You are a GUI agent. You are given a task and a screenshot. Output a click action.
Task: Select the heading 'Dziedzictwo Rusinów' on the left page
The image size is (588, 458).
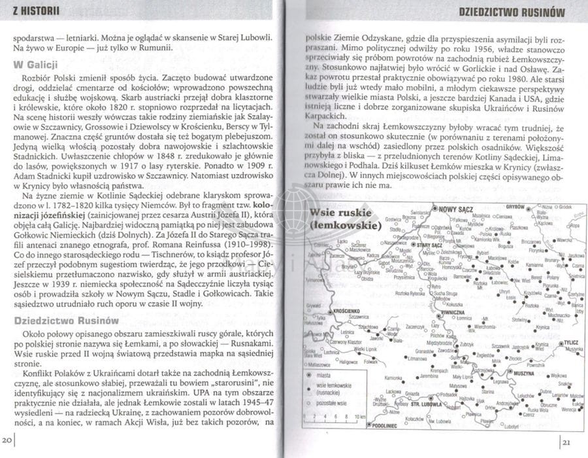[66, 321]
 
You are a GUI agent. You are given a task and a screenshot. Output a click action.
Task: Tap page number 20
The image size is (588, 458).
[8, 438]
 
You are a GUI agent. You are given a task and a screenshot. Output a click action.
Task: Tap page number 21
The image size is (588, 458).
[566, 438]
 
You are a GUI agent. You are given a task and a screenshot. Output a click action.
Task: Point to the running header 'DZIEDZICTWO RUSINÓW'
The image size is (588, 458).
[512, 11]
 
